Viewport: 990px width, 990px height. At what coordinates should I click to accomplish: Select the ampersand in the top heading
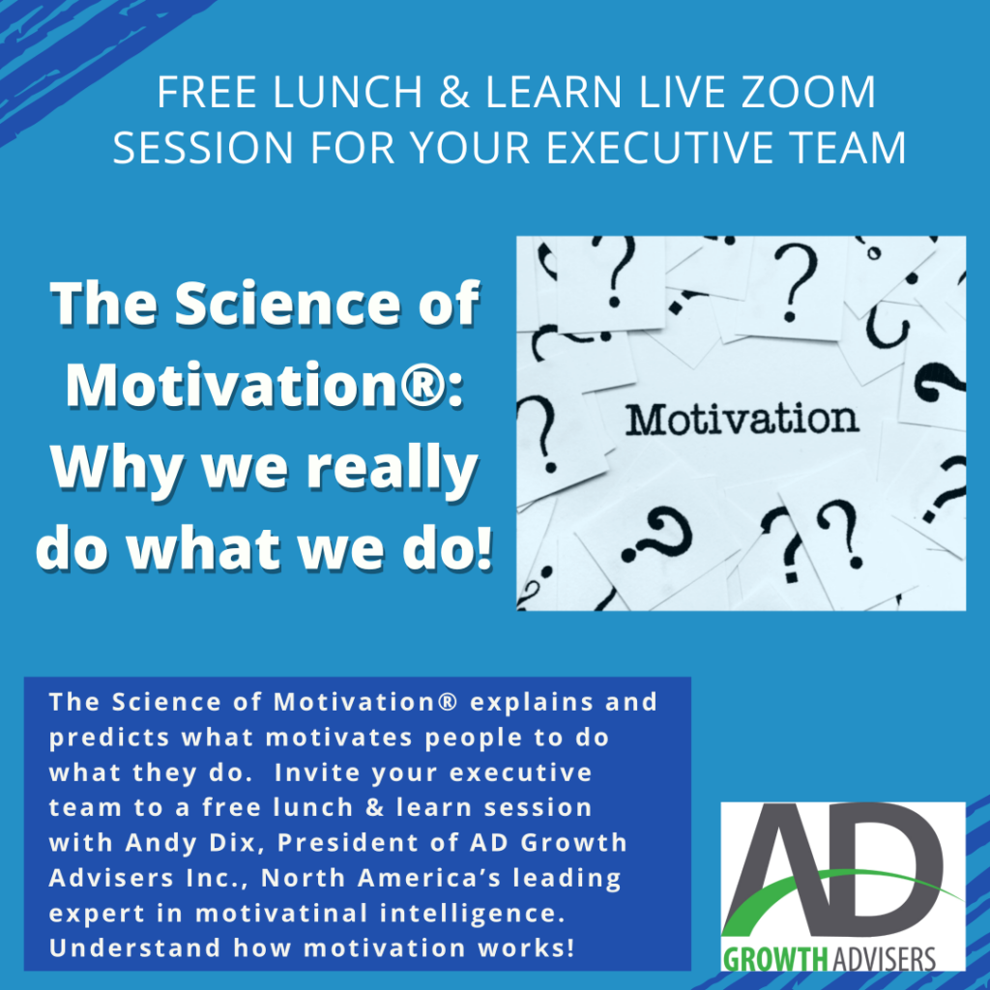(454, 92)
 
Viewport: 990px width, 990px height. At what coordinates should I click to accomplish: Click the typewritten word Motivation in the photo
(742, 419)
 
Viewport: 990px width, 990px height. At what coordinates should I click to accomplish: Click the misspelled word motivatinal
(281, 913)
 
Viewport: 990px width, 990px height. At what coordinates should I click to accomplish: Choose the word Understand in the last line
(134, 948)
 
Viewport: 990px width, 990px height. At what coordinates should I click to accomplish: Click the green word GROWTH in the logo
(774, 959)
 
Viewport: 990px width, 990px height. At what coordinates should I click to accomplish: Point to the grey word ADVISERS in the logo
(882, 959)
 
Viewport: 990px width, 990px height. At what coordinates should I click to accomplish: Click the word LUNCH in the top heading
(348, 92)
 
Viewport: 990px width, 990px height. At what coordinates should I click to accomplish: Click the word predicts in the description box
(110, 739)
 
